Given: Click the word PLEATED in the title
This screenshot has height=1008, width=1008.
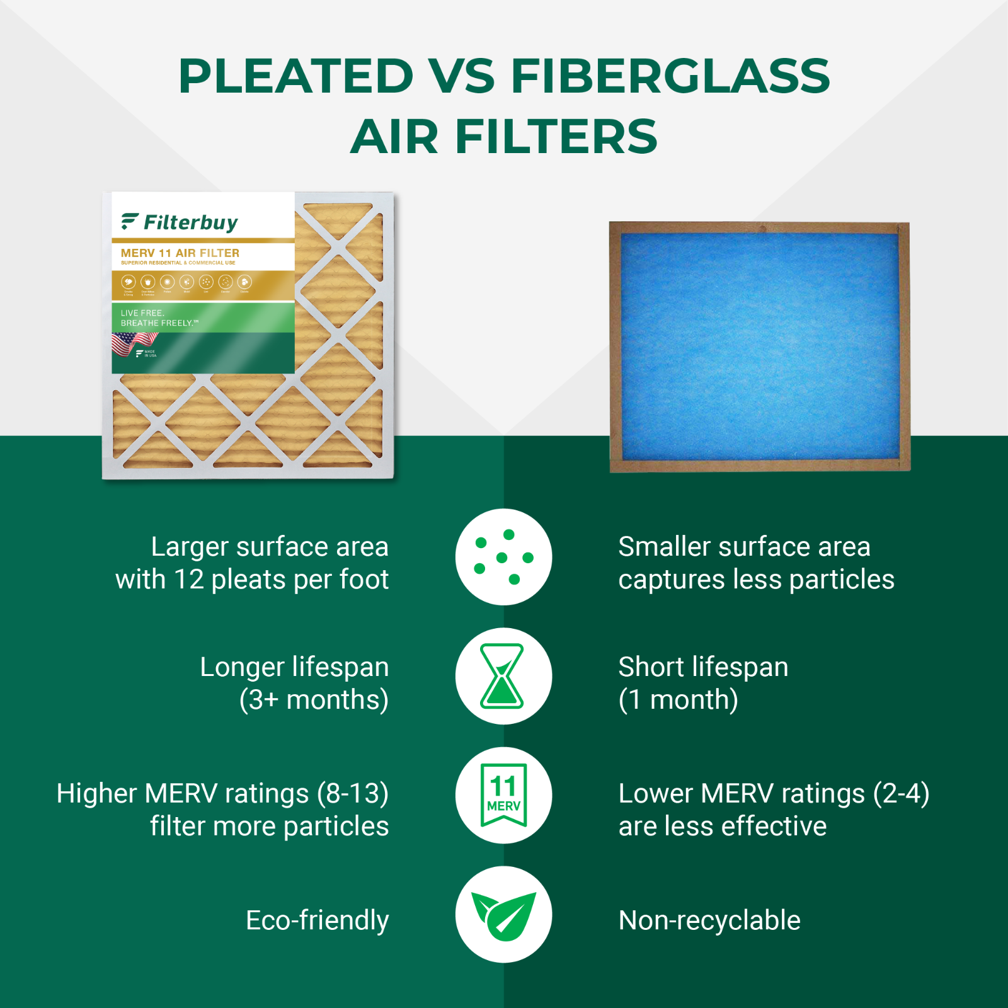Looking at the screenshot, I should click(295, 76).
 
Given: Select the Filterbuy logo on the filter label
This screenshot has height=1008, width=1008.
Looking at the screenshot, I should click(180, 222).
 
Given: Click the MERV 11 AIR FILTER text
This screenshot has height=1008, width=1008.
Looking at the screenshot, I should click(180, 253).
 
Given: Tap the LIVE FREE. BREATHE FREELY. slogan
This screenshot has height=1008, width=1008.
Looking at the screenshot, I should click(159, 318).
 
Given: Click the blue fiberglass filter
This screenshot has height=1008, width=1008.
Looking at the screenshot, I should click(759, 346).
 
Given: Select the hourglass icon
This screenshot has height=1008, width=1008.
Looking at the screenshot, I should click(502, 676).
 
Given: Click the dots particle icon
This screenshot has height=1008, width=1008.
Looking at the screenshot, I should click(503, 557).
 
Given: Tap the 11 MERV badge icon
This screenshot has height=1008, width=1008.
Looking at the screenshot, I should click(503, 795).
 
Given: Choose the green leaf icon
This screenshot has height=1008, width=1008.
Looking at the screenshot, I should click(503, 915).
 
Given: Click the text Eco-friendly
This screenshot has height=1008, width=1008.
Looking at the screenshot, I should click(317, 920).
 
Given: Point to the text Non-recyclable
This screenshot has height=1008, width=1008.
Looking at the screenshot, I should click(709, 920).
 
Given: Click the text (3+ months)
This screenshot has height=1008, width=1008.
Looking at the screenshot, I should click(314, 700).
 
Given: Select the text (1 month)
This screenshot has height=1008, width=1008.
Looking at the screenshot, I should click(678, 700).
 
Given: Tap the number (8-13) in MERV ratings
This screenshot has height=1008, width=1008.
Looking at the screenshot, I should click(352, 794).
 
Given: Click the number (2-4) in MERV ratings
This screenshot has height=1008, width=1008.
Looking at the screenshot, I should click(901, 794).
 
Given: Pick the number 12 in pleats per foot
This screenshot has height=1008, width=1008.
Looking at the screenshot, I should click(188, 580).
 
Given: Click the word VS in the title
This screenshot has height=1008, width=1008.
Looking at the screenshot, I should click(462, 76).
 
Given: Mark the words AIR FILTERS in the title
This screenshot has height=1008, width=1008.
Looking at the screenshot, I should click(503, 137).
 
